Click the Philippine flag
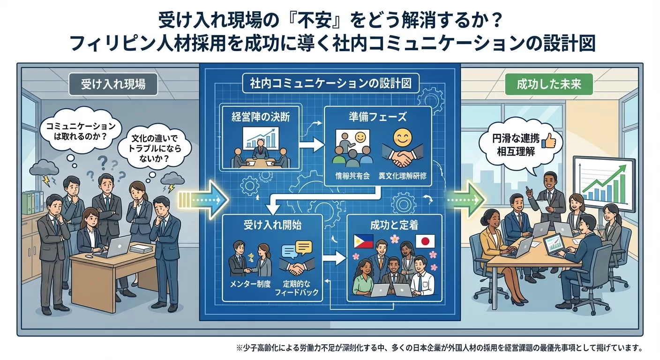363,241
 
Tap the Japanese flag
425,241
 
